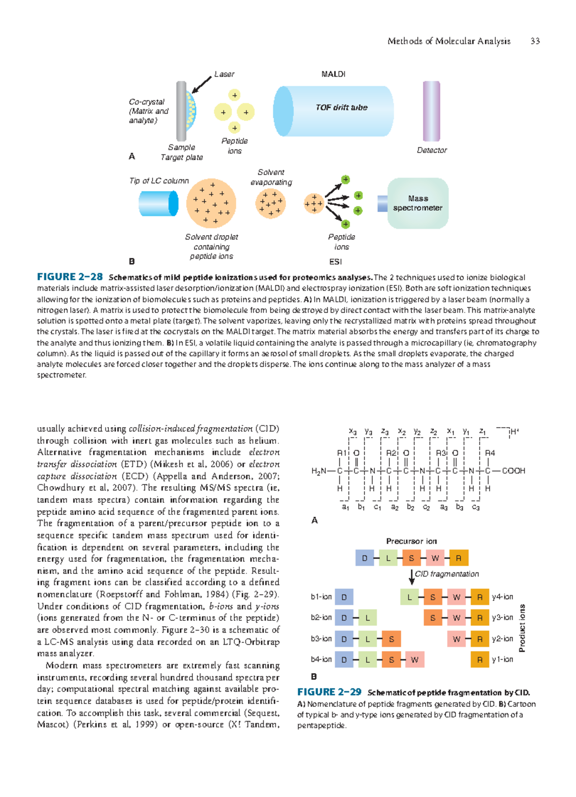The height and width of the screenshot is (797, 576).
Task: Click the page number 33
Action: pos(535,41)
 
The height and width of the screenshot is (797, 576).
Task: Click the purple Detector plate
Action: pos(431,111)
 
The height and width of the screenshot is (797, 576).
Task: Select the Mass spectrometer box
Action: pos(418,203)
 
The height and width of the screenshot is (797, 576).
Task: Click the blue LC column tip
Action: pos(158,203)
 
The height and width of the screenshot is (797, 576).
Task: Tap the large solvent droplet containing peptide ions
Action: pos(211,203)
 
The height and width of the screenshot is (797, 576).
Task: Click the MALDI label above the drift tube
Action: pos(333,74)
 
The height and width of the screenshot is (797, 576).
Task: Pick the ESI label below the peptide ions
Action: pos(336,262)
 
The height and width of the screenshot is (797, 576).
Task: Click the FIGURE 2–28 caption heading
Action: pos(70,277)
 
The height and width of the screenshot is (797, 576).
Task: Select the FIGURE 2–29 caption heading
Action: pos(329,692)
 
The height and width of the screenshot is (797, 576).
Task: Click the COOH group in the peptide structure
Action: pos(514,471)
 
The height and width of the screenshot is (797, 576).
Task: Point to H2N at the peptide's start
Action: pos(319,471)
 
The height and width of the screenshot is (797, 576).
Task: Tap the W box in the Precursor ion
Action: pos(435,558)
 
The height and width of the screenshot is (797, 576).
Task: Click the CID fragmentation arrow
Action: pos(412,576)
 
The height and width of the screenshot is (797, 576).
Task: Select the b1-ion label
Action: pos(321,597)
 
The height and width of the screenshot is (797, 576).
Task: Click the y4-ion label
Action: pos(503,597)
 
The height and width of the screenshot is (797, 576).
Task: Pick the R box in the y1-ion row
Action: pos(480,660)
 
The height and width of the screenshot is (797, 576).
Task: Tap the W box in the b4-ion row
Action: pos(415,660)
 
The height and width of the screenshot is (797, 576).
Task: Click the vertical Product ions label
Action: pos(523,628)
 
